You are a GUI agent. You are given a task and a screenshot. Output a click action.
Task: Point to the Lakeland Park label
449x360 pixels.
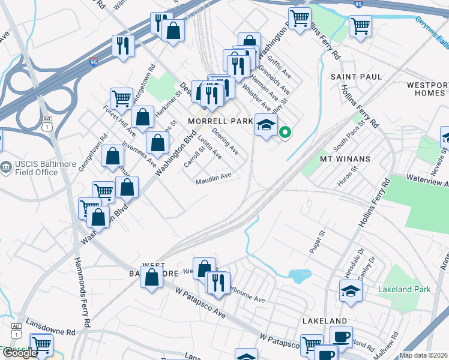pos(405,289)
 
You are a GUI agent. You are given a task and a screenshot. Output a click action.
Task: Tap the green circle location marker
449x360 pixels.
pos(285,133)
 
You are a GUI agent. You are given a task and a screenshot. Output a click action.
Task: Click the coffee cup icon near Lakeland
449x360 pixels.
pos(341,336)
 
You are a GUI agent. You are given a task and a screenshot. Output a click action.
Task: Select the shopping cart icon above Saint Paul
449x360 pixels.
pos(360,25)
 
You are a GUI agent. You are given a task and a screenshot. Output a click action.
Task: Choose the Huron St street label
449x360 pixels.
pos(348,179)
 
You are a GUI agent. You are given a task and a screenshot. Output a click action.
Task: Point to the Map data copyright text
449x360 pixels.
pos(424,355)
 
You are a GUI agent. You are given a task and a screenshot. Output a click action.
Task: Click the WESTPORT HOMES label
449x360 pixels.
pos(427,89)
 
